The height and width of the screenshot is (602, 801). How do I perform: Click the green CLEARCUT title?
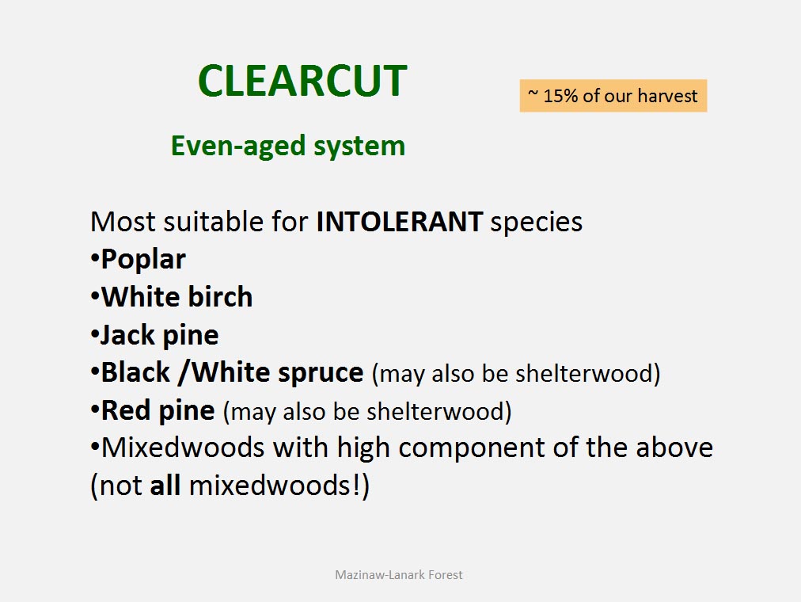(302, 81)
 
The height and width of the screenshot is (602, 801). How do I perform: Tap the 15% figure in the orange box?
(560, 96)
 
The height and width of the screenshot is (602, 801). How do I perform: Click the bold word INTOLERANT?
(400, 222)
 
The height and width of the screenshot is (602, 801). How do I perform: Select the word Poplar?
(143, 260)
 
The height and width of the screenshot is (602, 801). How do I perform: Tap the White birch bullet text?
(177, 297)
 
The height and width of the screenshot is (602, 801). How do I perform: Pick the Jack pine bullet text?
(159, 336)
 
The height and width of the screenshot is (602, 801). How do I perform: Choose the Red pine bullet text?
(158, 411)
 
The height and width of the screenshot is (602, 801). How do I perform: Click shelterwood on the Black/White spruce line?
(584, 373)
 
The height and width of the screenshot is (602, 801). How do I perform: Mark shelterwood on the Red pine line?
(435, 411)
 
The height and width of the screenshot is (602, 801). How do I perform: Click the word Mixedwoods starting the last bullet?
(182, 448)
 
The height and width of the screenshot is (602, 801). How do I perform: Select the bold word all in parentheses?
(165, 485)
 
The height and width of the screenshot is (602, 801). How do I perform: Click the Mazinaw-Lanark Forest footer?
(398, 575)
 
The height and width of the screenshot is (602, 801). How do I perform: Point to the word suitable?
(236, 222)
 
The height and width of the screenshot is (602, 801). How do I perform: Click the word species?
(537, 223)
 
